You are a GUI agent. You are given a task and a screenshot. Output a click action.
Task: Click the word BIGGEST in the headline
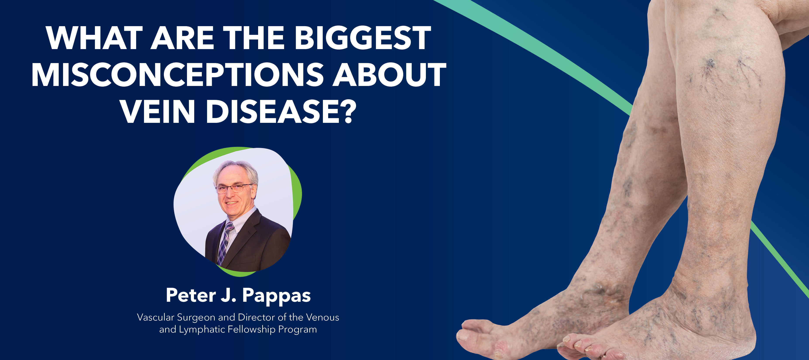pyautogui.click(x=363, y=38)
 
